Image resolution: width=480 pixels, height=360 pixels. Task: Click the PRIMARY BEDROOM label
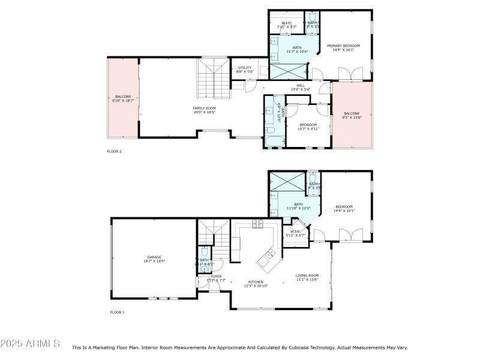pos(343,46)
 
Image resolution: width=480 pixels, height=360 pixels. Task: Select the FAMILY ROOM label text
pos(205,108)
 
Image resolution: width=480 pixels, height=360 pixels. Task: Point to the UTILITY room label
pos(245,68)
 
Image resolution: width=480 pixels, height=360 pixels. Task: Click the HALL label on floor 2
pos(300,85)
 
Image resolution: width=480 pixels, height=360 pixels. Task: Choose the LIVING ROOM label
pos(307,275)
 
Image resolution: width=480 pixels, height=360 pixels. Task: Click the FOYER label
pos(215,276)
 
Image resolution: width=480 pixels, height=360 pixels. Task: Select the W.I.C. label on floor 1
pos(295,232)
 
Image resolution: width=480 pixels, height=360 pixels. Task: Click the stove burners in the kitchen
pos(258,224)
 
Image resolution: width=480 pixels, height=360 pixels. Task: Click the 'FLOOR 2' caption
pos(114,152)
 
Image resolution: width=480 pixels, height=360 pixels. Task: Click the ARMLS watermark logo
pos(30,344)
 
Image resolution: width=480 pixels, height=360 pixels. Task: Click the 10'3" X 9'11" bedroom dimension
pos(308,128)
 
